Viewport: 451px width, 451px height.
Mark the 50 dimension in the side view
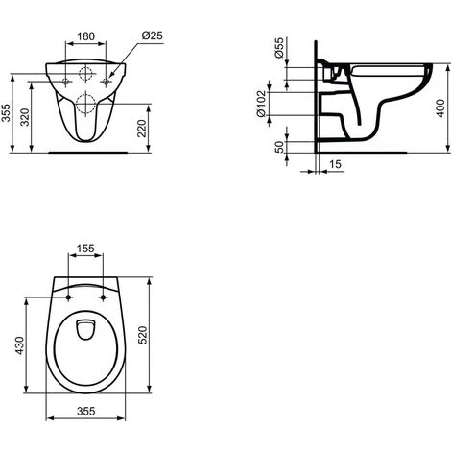[x=278, y=148]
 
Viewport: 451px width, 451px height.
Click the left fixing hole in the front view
[x=65, y=83]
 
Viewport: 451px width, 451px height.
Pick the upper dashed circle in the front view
[x=86, y=73]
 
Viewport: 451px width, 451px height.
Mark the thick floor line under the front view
[x=86, y=151]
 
